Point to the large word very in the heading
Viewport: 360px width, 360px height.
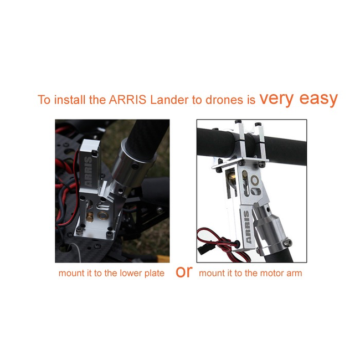[276, 98]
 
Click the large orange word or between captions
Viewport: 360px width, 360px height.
[184, 272]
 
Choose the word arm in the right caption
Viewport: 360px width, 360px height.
[294, 274]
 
